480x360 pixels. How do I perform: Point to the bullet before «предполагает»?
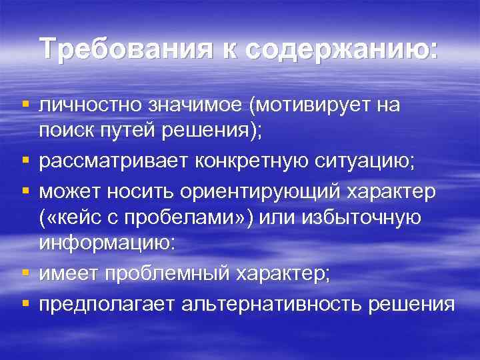pyautogui.click(x=25, y=303)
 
